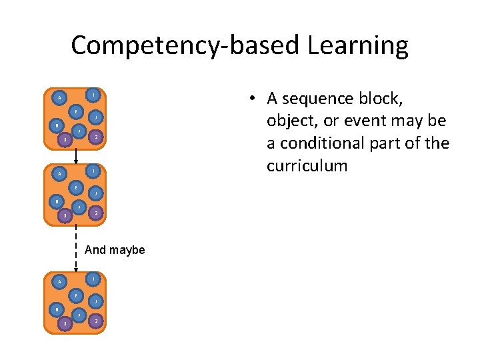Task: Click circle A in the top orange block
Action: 60,97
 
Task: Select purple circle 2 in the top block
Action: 97,137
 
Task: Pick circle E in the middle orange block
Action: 77,186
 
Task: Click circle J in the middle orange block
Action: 96,194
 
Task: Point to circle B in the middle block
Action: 57,201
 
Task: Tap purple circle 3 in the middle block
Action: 65,215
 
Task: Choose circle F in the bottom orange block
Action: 79,314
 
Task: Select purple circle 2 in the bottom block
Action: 97,321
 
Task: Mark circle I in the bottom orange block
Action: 95,278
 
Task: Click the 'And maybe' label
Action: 115,251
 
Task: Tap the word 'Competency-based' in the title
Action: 184,46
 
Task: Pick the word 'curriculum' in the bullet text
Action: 307,165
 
